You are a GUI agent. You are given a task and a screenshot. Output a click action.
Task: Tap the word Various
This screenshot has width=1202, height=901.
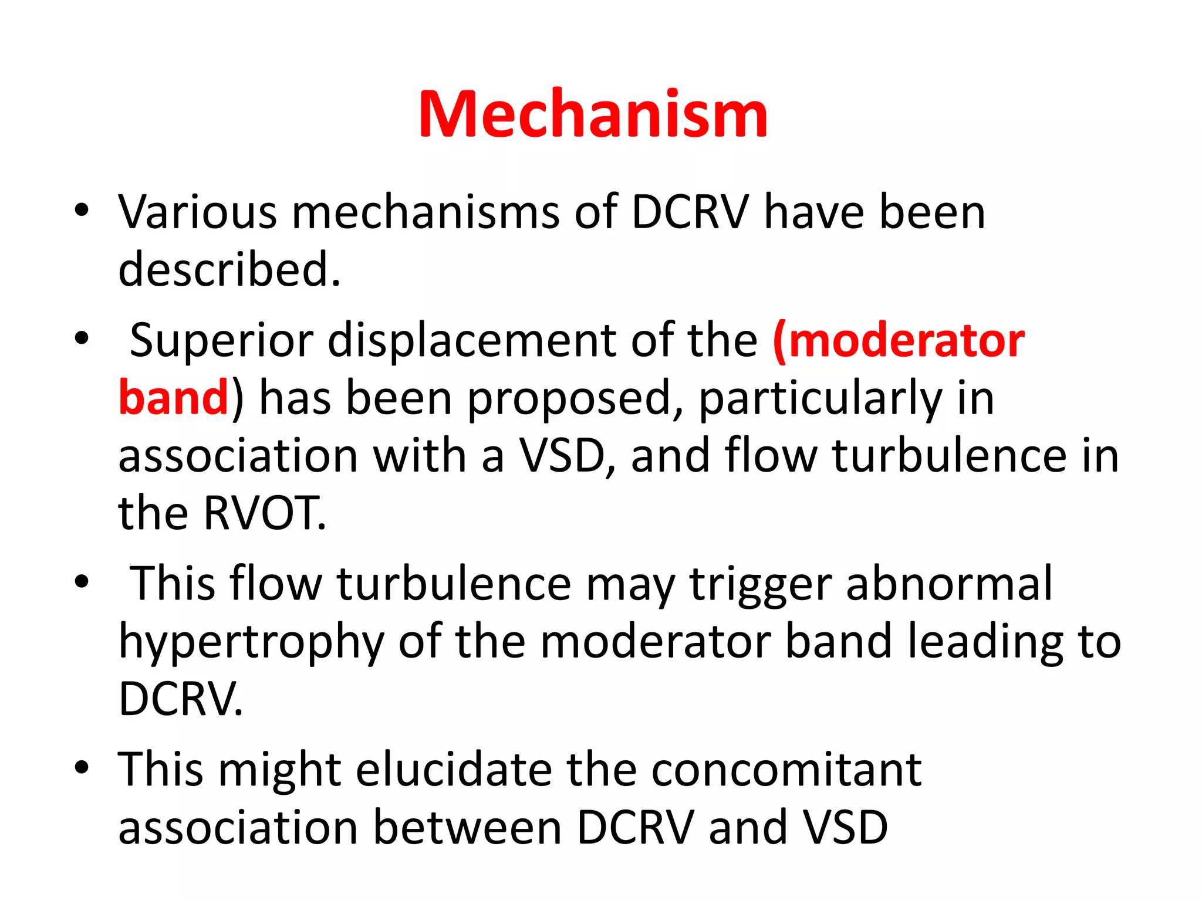point(197,212)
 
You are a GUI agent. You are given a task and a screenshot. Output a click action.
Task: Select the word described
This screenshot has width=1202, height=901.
point(229,269)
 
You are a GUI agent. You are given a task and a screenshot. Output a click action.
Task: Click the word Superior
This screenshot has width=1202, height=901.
point(222,340)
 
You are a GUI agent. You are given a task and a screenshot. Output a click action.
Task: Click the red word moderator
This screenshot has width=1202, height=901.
point(906,340)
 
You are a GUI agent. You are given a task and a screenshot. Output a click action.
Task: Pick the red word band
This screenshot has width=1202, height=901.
point(173,398)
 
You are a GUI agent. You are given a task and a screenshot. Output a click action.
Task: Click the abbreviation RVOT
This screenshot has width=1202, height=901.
point(264,513)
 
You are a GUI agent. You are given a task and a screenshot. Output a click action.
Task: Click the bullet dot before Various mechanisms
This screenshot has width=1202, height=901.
point(82,210)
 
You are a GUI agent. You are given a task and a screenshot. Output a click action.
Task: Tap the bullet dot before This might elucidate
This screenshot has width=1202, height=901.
point(82,767)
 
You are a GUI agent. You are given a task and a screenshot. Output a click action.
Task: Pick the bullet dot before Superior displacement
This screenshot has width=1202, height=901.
point(82,338)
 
